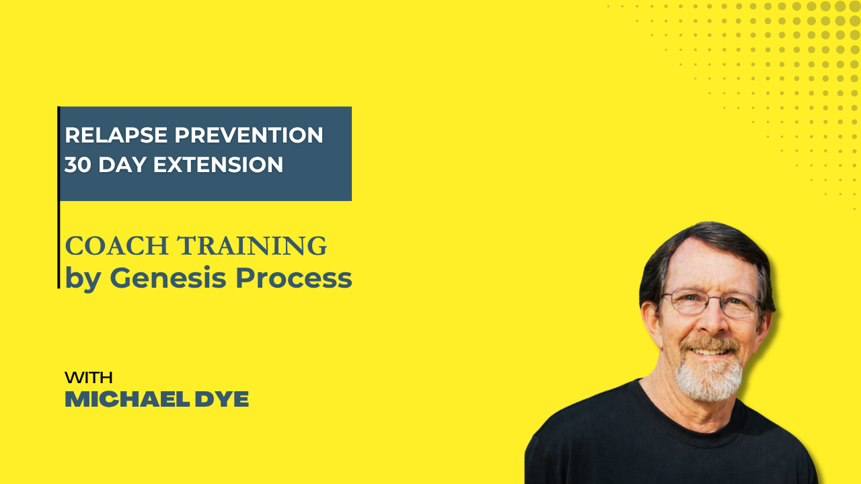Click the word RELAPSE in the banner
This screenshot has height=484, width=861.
point(116,135)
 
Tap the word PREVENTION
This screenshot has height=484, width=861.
point(249,135)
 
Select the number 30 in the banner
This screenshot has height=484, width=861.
point(77,165)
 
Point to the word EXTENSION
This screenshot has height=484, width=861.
point(219,165)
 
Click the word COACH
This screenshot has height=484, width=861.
point(117,246)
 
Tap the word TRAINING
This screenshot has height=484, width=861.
point(252,246)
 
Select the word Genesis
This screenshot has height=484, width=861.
point(168,278)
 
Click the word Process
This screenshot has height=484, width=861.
point(294,278)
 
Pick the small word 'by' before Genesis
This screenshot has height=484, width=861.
point(83,279)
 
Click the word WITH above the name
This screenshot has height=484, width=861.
point(89,378)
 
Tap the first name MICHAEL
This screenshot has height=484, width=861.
point(127,399)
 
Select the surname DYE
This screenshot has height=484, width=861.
point(222,399)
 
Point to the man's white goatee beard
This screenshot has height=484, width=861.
point(708,378)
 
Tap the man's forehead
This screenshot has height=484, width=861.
point(711,269)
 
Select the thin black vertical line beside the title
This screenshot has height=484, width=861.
point(59,197)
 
